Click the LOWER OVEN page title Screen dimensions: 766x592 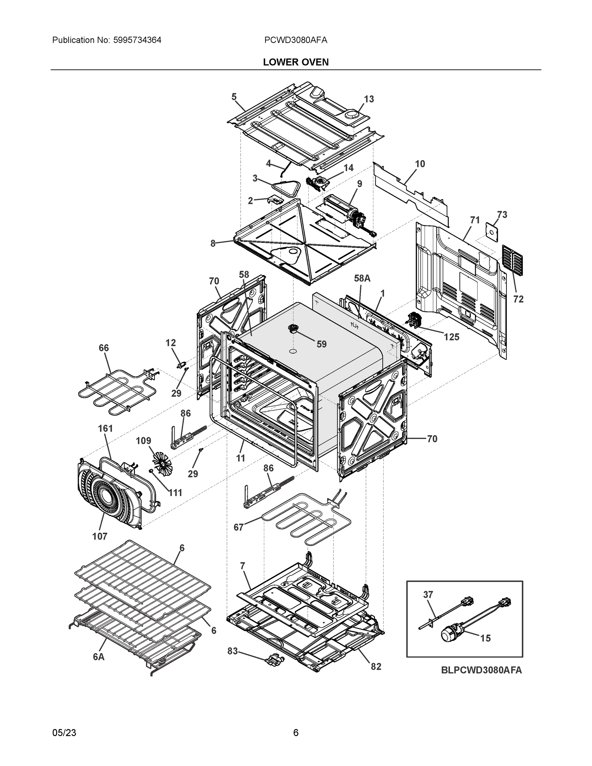(x=296, y=62)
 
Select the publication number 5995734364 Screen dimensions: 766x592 (x=137, y=40)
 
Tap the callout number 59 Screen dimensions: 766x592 (x=321, y=344)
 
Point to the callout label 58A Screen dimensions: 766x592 (x=362, y=279)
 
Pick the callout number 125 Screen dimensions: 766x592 (x=451, y=337)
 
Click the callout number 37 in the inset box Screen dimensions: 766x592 (x=428, y=595)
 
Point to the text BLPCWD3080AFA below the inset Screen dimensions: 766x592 (x=481, y=670)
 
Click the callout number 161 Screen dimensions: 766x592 (x=105, y=428)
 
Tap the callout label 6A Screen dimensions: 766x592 (x=99, y=657)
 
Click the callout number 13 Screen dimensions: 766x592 (x=369, y=99)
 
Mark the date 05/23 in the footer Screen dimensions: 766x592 (x=64, y=733)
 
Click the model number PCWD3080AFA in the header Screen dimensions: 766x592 (x=296, y=40)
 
